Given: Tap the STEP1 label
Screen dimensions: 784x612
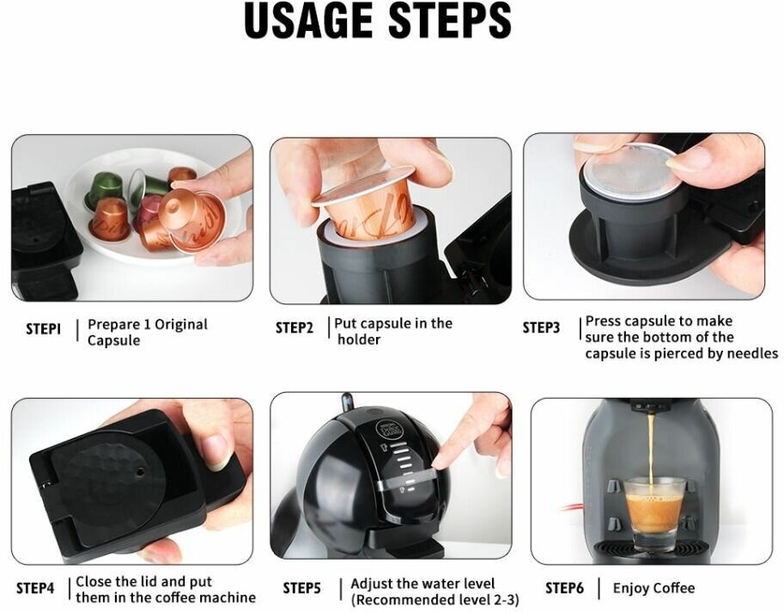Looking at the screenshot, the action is [44, 328].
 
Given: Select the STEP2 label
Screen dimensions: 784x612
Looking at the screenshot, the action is [295, 327].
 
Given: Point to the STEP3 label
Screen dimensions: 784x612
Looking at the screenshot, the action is [542, 327].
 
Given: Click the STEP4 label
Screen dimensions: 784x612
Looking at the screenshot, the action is [35, 588].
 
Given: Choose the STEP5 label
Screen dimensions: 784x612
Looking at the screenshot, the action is [302, 588].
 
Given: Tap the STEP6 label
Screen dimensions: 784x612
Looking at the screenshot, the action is [564, 588].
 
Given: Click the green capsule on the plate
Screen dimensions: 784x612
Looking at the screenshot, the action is [105, 188].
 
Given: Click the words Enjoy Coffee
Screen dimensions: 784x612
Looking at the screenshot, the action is [653, 588].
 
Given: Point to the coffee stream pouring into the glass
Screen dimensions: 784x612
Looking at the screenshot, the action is [651, 450].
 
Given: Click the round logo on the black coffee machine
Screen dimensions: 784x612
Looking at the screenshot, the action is [384, 431].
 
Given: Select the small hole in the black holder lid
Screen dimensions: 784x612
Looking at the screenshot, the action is [141, 471].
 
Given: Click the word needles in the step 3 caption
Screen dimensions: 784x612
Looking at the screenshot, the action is [752, 354].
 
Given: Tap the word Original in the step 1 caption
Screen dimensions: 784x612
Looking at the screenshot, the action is [181, 325].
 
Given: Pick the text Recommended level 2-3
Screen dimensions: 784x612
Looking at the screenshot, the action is [435, 599].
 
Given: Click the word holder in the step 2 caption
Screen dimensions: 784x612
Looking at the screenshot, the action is [359, 340].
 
